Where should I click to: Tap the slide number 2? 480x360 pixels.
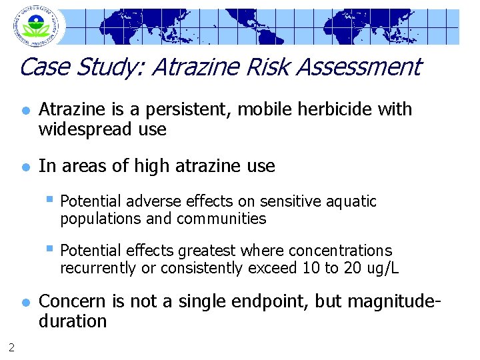[11, 346]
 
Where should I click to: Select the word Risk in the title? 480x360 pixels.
[257, 67]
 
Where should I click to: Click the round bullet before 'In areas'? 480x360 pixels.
[25, 167]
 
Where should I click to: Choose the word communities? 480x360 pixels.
[223, 219]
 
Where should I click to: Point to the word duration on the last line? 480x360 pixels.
[73, 321]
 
